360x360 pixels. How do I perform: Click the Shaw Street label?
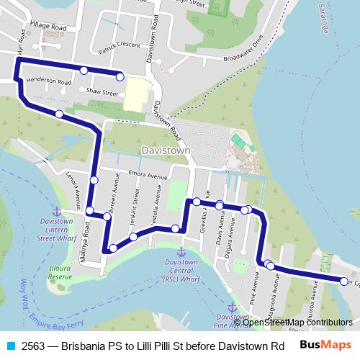102,93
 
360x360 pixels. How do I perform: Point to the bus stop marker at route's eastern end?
344,281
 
